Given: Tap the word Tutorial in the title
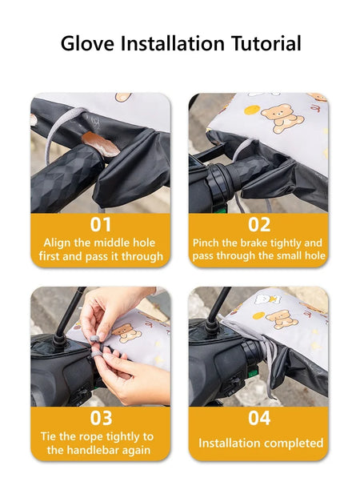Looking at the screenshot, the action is tap(266, 43).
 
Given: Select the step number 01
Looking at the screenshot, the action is tap(101, 224).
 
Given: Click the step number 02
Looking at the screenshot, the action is tap(259, 224).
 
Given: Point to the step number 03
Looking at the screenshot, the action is tap(101, 418).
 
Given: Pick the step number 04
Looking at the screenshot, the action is tap(259, 418).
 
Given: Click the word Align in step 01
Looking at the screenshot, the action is tap(57, 243).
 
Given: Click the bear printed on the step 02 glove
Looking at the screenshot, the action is tap(282, 118).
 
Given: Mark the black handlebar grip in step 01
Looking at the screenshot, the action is tap(65, 178).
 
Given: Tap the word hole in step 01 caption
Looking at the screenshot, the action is tap(144, 243).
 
